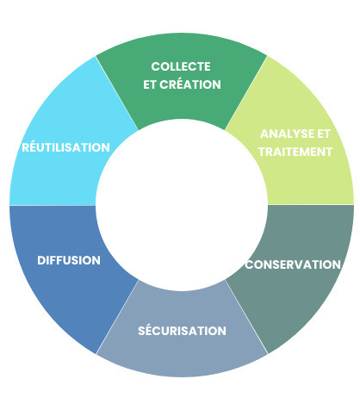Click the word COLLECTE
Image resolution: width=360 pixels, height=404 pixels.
pos(181,66)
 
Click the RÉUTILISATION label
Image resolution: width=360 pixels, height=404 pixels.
pos(65,147)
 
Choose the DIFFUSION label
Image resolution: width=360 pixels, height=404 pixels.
pos(69,260)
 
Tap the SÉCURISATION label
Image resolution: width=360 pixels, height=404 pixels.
pos(182,330)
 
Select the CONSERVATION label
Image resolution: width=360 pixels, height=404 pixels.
pos(293,264)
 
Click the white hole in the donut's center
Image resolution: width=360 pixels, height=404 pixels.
pos(181,204)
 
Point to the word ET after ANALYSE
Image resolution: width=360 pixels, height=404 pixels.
pos(323,134)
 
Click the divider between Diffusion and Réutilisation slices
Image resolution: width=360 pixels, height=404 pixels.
pos(52,205)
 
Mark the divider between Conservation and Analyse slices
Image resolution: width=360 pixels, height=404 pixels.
pos(310,204)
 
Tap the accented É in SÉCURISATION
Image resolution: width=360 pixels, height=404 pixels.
pos(147,330)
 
